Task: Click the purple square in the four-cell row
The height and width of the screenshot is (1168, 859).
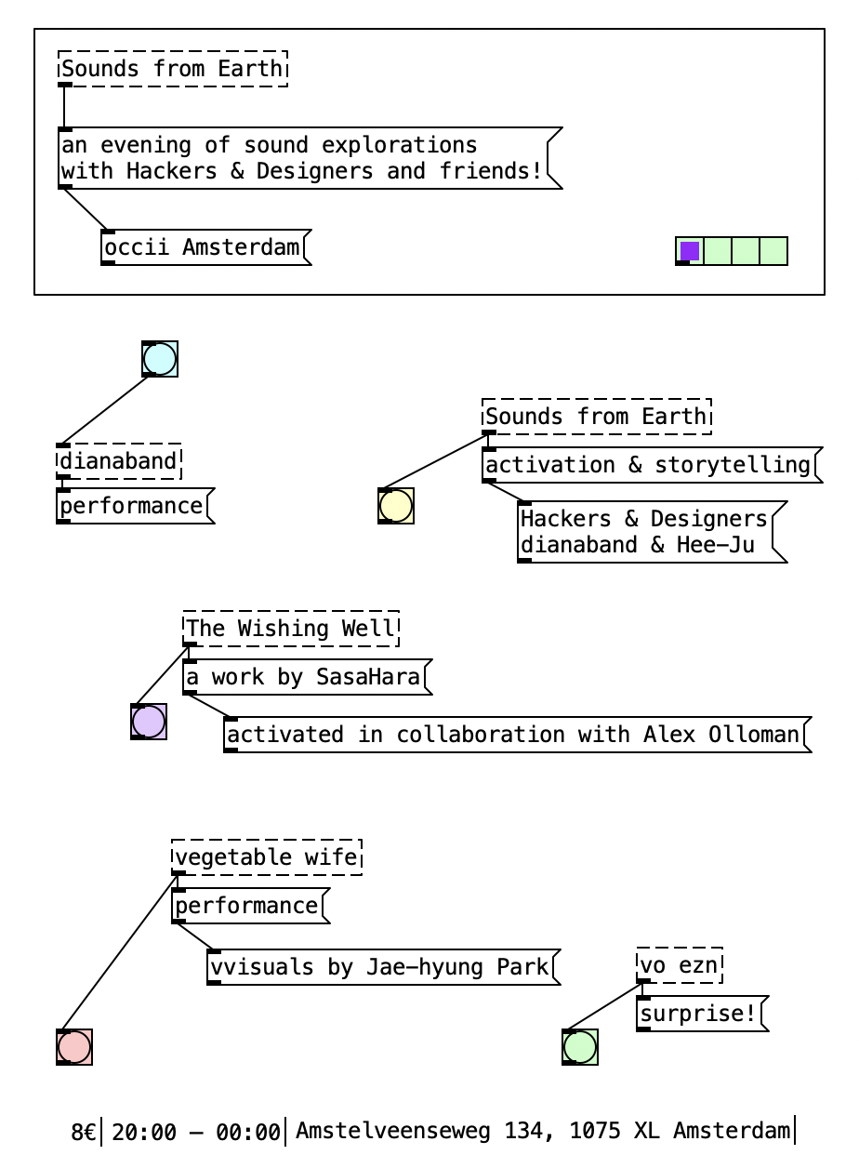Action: (x=690, y=251)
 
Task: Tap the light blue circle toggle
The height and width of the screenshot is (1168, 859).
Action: (x=160, y=359)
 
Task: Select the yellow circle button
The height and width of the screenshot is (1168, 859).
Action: (x=396, y=506)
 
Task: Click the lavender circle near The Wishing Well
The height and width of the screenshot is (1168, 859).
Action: (x=149, y=722)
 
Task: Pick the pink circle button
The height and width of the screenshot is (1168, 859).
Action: (x=74, y=1047)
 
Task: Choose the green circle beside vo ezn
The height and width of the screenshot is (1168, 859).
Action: (x=580, y=1047)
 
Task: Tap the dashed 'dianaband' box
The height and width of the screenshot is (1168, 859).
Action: (x=119, y=461)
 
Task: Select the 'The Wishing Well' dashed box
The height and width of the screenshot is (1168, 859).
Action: (x=291, y=629)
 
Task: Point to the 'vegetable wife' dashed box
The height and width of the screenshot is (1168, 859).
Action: (x=267, y=857)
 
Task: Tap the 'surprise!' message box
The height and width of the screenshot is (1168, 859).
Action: (x=700, y=1014)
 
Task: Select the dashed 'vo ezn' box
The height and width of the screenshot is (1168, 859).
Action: (x=680, y=965)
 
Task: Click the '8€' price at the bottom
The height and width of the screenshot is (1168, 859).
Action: (x=84, y=1132)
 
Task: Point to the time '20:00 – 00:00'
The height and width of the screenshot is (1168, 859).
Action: (x=196, y=1132)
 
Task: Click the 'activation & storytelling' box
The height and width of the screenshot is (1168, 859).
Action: (x=649, y=465)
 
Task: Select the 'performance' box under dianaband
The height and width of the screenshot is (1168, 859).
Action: (x=132, y=506)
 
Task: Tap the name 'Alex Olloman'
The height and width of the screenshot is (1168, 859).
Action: (x=720, y=735)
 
